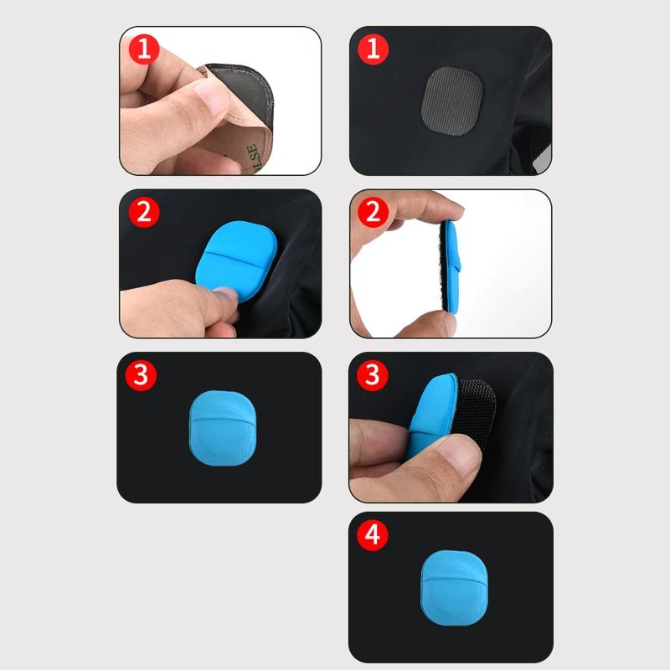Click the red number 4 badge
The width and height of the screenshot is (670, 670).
tap(373, 536)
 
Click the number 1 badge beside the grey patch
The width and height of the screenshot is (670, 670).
tap(373, 49)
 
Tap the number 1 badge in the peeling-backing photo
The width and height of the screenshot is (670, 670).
tap(143, 49)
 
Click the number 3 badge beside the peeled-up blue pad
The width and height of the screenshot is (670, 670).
tap(373, 374)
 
